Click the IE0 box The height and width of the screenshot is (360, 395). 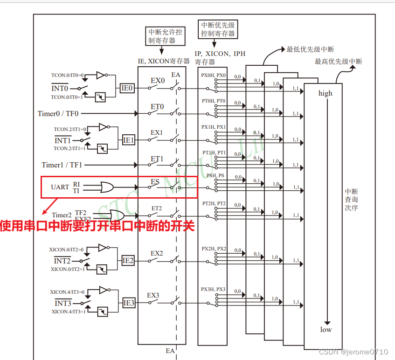(x=127, y=88)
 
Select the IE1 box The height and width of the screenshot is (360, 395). (x=129, y=140)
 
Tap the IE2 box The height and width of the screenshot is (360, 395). (x=128, y=261)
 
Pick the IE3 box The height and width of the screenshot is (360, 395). (x=129, y=303)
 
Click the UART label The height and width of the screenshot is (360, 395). (x=60, y=187)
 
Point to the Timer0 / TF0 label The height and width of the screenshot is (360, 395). (x=58, y=113)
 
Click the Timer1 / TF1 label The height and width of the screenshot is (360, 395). (x=62, y=165)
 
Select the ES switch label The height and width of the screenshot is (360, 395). (x=155, y=181)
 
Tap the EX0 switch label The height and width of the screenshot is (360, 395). (x=157, y=80)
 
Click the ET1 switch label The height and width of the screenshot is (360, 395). (x=157, y=159)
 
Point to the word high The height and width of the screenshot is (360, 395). (x=326, y=93)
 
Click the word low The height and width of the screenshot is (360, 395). (x=326, y=330)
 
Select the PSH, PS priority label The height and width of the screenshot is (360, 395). (x=214, y=176)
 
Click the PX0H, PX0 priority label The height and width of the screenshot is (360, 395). (x=214, y=75)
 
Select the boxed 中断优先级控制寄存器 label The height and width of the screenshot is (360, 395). (x=218, y=29)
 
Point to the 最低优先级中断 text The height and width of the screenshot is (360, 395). (x=310, y=49)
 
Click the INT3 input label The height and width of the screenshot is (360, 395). (x=62, y=303)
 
